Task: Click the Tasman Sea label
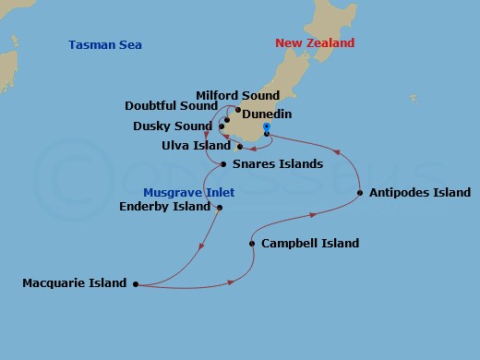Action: click(x=105, y=44)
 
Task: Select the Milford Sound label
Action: click(x=237, y=95)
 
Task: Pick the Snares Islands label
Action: click(x=278, y=164)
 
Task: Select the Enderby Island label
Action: click(x=165, y=207)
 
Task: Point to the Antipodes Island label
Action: click(x=419, y=193)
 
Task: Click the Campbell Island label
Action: click(x=310, y=244)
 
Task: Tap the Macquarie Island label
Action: click(x=74, y=283)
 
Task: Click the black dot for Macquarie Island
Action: click(x=136, y=284)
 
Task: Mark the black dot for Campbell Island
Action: click(x=252, y=244)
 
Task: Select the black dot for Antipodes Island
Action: click(x=359, y=193)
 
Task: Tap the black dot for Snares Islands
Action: click(x=224, y=164)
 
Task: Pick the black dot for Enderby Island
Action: click(x=220, y=208)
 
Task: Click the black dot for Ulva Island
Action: click(x=239, y=146)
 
